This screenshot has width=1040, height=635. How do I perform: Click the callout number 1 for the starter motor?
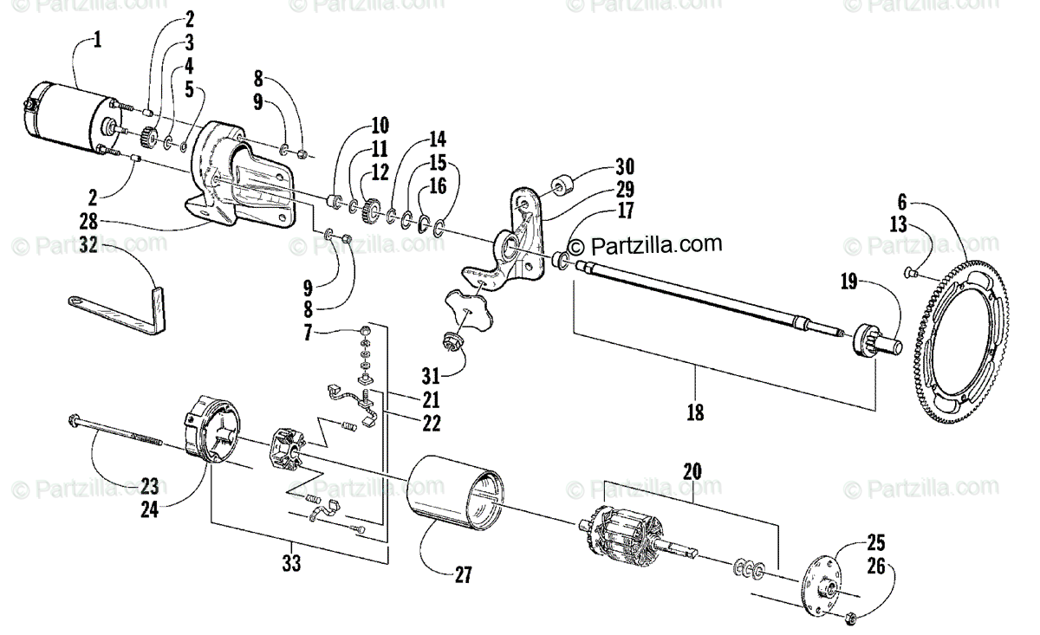97,41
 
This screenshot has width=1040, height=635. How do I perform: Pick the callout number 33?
292,564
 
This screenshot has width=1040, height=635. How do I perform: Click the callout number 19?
851,282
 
